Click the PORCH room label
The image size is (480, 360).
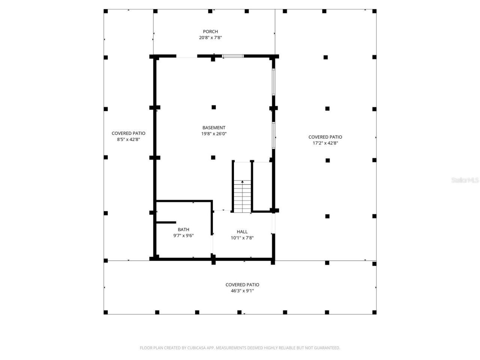click(x=210, y=31)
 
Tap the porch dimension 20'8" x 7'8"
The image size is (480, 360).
click(x=210, y=37)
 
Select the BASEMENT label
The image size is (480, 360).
click(x=214, y=128)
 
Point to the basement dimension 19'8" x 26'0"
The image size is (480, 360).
click(x=214, y=134)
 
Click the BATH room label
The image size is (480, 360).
click(x=183, y=229)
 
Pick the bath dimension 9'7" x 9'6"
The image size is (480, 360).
click(x=183, y=235)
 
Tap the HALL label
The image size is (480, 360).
click(x=242, y=232)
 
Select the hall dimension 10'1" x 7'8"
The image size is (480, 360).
click(x=242, y=238)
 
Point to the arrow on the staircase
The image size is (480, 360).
click(x=242, y=182)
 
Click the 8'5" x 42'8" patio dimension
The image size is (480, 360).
click(x=128, y=139)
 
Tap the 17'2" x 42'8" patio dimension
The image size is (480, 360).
click(x=325, y=143)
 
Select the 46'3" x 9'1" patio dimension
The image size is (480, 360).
click(x=242, y=291)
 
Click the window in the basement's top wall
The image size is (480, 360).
click(x=233, y=56)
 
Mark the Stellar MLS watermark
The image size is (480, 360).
click(x=465, y=180)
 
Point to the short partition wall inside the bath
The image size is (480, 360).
click(x=166, y=222)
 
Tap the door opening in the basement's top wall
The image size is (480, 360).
click(x=187, y=57)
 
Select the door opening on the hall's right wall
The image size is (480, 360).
click(x=273, y=223)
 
